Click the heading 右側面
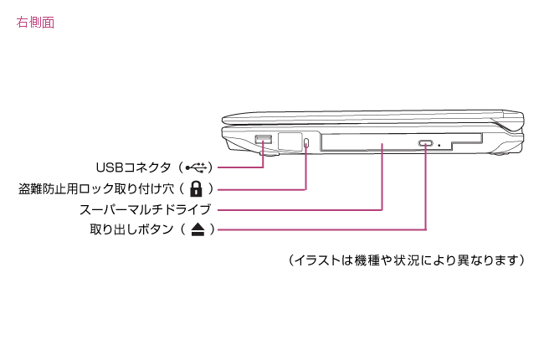(35, 23)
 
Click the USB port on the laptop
(264, 138)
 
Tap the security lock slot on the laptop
(307, 142)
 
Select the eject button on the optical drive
(426, 144)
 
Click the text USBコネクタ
(134, 167)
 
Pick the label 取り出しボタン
(131, 229)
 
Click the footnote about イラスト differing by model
(406, 260)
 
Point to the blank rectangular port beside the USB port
(290, 141)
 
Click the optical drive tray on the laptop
(368, 143)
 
